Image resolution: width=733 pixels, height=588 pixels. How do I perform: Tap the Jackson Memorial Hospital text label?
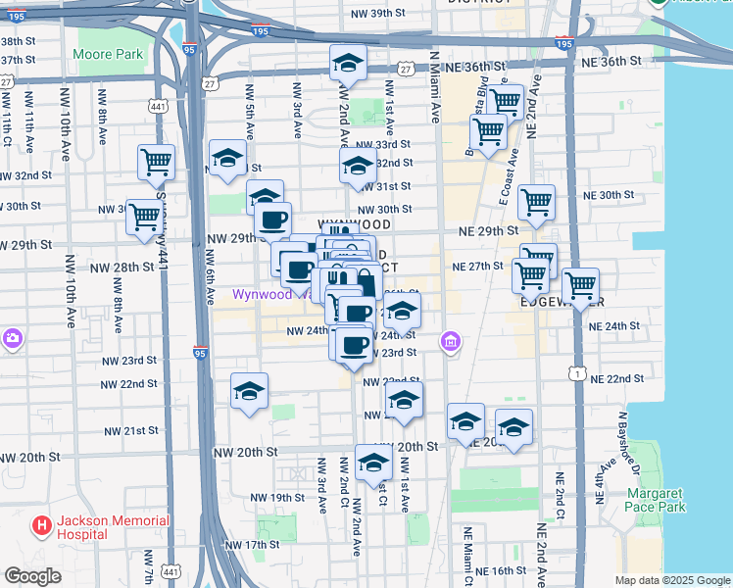click(100, 527)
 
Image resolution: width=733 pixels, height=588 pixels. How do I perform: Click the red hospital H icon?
click(41, 527)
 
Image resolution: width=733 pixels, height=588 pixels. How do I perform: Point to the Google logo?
click(32, 576)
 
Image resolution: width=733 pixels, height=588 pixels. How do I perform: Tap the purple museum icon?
click(451, 342)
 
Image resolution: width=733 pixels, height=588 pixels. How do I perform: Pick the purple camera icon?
click(12, 340)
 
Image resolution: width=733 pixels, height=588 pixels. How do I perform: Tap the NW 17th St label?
click(252, 545)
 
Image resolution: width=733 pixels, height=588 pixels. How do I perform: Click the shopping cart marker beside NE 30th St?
click(536, 203)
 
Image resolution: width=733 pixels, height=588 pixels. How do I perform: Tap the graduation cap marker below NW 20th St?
click(373, 463)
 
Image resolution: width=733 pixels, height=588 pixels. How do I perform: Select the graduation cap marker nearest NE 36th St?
click(348, 64)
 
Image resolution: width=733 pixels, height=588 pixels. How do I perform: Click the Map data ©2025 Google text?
click(672, 580)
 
